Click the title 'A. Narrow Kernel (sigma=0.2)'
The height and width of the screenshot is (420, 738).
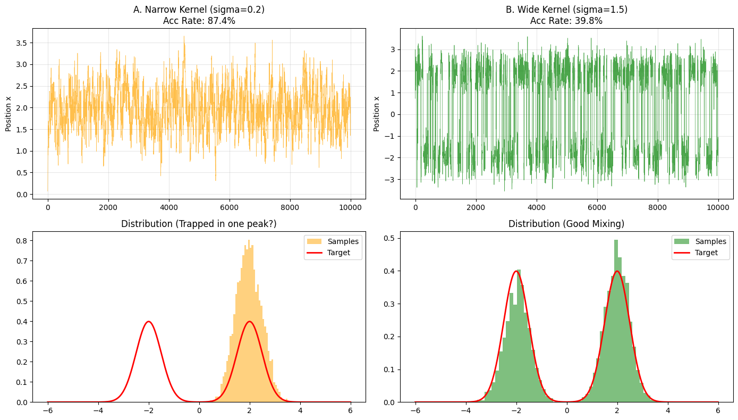point(199,10)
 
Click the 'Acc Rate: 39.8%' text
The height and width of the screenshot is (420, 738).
point(566,21)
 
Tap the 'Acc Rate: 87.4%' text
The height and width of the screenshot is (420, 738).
point(199,21)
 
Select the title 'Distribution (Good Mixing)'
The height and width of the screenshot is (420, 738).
point(566,224)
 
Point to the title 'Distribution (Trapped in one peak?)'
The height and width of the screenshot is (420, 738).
point(199,224)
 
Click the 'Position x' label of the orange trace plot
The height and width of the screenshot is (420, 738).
point(9,114)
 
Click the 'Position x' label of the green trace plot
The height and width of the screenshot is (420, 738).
point(376,114)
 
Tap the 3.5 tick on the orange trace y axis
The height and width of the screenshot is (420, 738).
point(21,43)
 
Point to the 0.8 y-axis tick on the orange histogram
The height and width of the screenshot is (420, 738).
point(21,240)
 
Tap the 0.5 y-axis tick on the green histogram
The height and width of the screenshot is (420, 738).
point(389,238)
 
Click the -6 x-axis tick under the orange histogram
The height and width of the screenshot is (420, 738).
point(48,411)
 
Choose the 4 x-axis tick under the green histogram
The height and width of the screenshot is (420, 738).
point(667,411)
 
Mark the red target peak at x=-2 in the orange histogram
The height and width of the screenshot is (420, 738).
point(149,321)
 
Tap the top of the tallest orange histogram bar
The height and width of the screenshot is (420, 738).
point(248,241)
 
